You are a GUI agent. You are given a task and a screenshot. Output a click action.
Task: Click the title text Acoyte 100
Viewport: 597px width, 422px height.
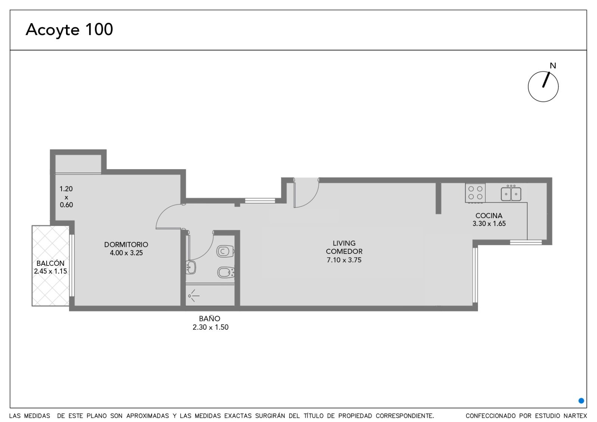[x=69, y=30]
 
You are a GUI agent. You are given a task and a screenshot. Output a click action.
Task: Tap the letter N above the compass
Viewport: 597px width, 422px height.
[x=553, y=66]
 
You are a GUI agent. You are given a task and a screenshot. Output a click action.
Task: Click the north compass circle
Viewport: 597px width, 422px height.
[x=543, y=71]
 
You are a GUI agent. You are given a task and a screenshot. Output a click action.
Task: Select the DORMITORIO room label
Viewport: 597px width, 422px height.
[x=126, y=244]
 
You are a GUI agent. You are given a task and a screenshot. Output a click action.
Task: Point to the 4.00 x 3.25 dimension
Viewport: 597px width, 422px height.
[x=126, y=253]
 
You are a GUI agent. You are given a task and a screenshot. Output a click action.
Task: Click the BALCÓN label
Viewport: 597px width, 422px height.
[x=50, y=263]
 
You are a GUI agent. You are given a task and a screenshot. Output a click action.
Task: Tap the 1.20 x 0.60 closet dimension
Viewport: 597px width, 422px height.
[x=66, y=197]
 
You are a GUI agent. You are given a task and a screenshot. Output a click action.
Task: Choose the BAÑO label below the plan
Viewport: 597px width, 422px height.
[x=209, y=319]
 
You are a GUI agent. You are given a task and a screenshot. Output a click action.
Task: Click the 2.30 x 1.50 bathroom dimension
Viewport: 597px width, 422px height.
[x=210, y=327]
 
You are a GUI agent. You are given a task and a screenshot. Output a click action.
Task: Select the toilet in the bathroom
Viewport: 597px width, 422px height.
[x=225, y=251]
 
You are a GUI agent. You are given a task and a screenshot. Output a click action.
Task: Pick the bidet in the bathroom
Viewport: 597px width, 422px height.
[x=226, y=272]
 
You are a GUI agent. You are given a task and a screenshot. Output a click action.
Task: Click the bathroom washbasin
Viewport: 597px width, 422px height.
[x=191, y=267]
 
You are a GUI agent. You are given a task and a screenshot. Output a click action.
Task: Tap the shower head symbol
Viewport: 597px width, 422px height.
[x=194, y=296]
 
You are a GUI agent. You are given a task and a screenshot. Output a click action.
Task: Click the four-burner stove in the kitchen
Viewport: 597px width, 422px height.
[x=475, y=193]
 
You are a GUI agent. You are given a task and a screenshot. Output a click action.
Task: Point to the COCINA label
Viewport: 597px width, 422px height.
[x=489, y=215]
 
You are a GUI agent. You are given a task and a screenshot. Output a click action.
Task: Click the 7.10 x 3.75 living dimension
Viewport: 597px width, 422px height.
[x=344, y=260]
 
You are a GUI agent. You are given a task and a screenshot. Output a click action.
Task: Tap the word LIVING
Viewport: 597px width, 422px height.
[x=344, y=243]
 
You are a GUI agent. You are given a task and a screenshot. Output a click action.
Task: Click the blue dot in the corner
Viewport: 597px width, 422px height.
[x=581, y=401]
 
